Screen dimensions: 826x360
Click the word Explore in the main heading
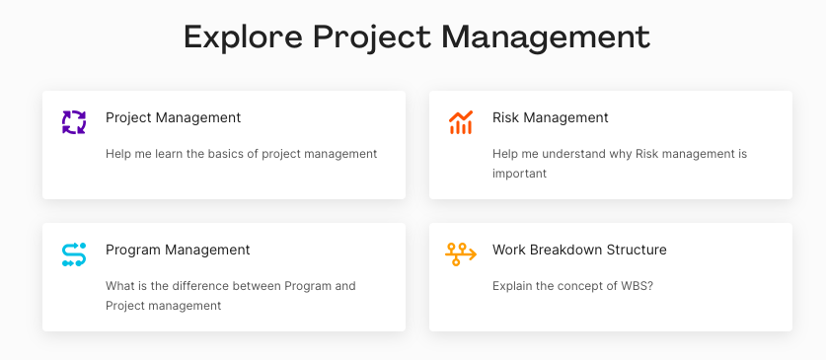pos(243,37)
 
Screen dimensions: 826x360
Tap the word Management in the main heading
pos(546,36)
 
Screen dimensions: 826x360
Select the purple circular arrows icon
pos(74,122)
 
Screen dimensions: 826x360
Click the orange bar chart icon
pos(461,122)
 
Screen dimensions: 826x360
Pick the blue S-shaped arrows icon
pos(74,254)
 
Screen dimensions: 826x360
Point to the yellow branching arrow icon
pos(461,254)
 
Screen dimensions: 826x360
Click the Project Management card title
pos(174,117)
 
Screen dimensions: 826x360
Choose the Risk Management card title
pos(551,117)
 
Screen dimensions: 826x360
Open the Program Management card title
pos(178,250)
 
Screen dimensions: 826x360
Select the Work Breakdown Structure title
pos(579,250)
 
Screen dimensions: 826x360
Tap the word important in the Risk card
pos(519,174)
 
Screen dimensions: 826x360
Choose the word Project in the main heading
pos(372,37)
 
